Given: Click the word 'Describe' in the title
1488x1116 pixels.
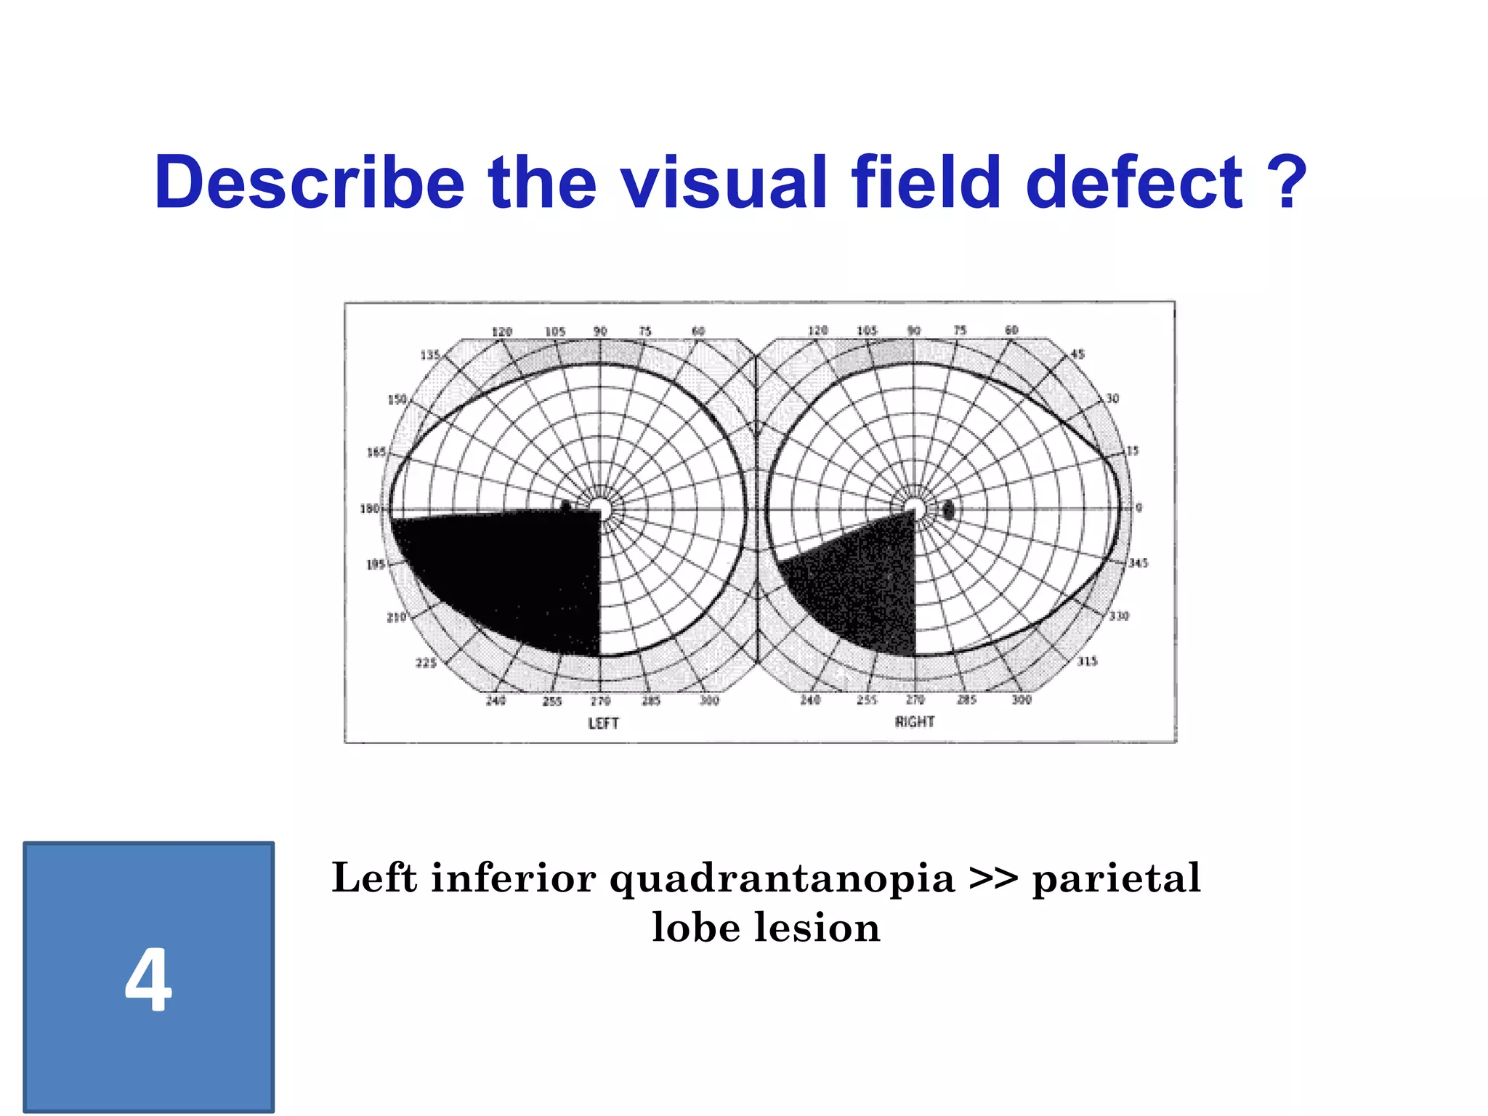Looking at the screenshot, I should pos(310,182).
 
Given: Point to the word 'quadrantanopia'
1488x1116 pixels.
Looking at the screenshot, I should pos(782,879).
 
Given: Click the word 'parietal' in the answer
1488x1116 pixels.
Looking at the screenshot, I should pos(1117,879).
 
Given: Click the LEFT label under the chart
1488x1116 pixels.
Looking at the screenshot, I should pos(603,724).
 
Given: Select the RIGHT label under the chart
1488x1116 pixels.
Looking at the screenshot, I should pos(914,722).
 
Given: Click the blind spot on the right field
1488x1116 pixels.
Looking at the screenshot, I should pos(948,510).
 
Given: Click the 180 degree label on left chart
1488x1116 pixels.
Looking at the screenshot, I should pos(370,509).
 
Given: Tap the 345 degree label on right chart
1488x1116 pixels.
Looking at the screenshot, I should pos(1138,563).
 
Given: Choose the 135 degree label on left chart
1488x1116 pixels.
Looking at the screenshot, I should pos(430,355).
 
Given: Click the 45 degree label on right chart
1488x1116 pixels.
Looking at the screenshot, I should pos(1077,355).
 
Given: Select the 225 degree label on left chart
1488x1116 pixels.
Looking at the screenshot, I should pos(426,663).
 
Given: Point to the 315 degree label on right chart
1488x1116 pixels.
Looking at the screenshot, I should pos(1087,661).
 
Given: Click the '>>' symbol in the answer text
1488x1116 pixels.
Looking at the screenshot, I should pos(993,879).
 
